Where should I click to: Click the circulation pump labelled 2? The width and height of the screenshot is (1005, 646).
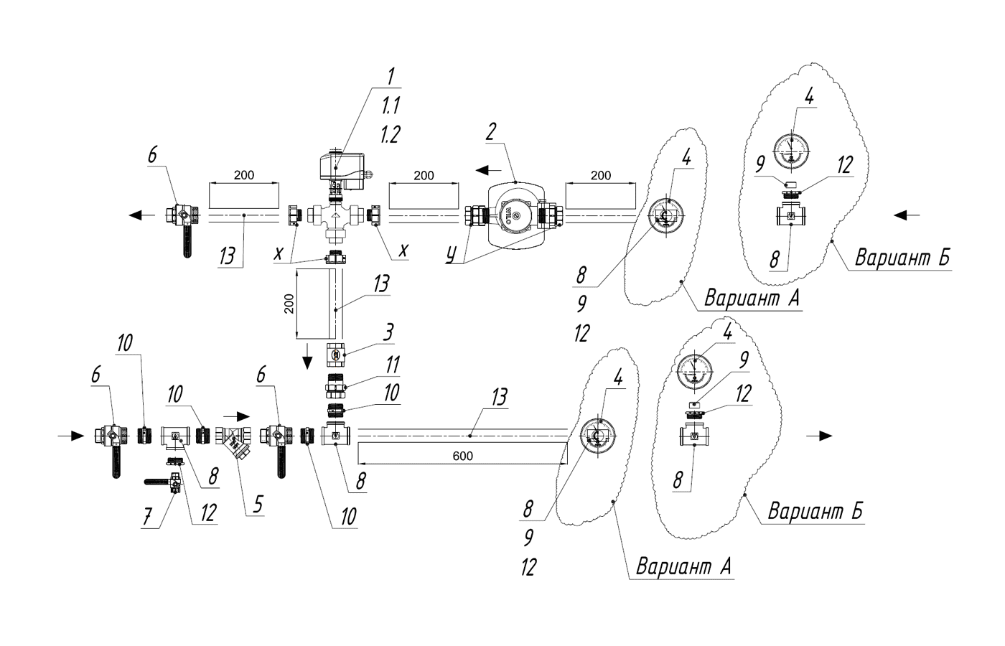tap(515, 215)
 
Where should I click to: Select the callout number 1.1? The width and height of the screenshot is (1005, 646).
tap(390, 106)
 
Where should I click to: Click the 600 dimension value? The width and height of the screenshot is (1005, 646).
tap(463, 455)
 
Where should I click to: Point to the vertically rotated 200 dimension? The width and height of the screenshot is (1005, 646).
tap(289, 304)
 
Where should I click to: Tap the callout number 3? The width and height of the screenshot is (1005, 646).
tap(388, 333)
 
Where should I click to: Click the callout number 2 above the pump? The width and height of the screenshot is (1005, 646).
tap(491, 132)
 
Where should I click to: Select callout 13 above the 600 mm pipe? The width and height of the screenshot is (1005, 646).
tap(500, 397)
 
